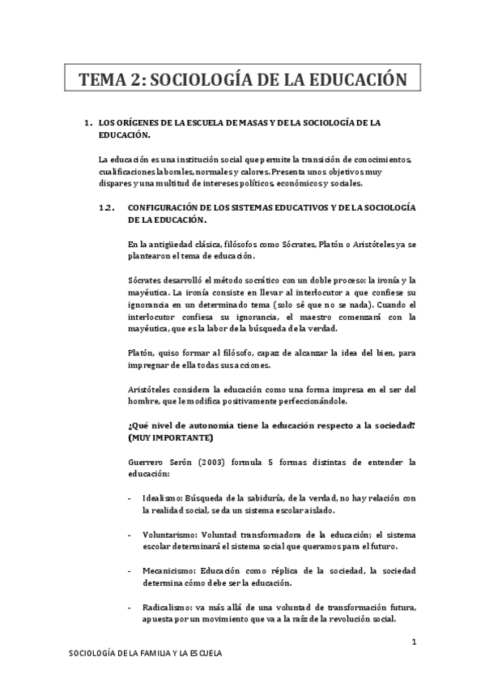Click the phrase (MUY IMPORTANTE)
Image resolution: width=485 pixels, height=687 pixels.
(x=171, y=438)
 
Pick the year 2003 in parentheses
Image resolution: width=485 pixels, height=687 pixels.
(x=219, y=463)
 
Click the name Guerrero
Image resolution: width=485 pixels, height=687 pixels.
(x=147, y=463)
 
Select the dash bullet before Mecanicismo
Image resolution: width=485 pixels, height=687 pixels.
(x=131, y=571)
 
